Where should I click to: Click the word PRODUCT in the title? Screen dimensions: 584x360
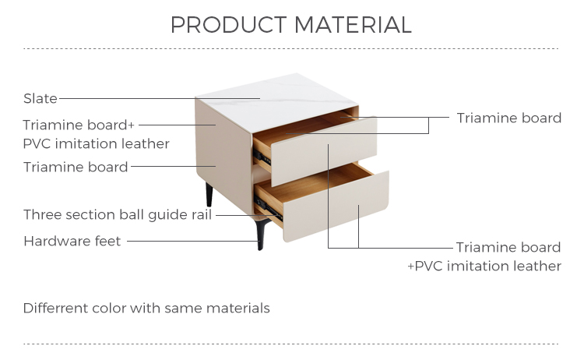(x=229, y=25)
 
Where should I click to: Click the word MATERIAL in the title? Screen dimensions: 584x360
(x=353, y=25)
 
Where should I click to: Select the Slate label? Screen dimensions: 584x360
(x=40, y=98)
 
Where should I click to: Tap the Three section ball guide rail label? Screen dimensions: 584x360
(x=118, y=214)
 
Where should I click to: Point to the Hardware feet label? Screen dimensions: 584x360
(x=72, y=241)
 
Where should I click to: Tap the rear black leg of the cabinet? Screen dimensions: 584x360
(x=209, y=195)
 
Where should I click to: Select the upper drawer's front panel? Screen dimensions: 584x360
(x=324, y=151)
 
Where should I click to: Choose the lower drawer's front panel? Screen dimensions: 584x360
(x=336, y=206)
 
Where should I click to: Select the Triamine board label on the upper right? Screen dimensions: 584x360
(x=508, y=118)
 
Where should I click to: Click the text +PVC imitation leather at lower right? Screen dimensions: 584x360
(x=484, y=266)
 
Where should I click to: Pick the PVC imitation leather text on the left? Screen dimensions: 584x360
(x=96, y=144)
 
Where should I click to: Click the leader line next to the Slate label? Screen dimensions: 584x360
(x=160, y=98)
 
